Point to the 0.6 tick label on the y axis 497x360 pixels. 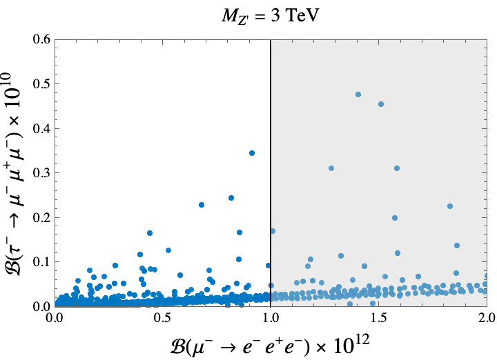click(40, 39)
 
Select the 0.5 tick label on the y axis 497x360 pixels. click(40, 84)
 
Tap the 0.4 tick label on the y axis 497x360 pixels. click(40, 128)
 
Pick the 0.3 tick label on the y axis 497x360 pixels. click(40, 173)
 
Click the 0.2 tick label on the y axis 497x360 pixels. click(40, 217)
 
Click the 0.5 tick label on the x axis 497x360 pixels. click(162, 319)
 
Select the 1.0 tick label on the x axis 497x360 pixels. click(271, 319)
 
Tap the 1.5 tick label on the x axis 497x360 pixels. click(378, 319)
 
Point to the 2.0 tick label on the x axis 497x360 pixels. click(486, 319)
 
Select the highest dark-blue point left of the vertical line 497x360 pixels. click(252, 153)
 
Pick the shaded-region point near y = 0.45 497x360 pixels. click(381, 104)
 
